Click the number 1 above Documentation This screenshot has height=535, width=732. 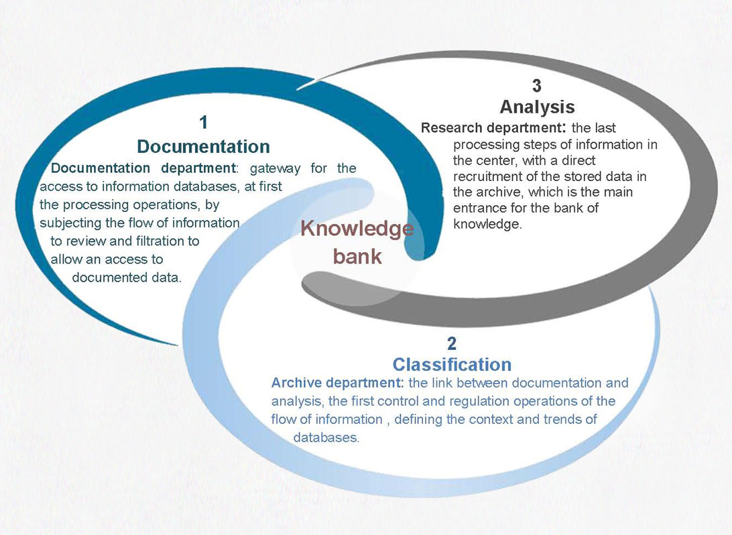[204, 122]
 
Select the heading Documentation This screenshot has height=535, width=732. [203, 146]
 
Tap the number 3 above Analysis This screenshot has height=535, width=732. [536, 86]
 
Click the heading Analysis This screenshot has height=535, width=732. [537, 107]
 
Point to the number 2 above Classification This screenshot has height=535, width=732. [451, 344]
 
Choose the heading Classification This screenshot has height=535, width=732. [452, 365]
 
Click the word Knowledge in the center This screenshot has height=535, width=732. [357, 229]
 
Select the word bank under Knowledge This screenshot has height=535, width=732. [357, 256]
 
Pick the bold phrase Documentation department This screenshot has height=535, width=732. [141, 168]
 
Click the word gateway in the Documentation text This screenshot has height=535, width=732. [275, 168]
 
